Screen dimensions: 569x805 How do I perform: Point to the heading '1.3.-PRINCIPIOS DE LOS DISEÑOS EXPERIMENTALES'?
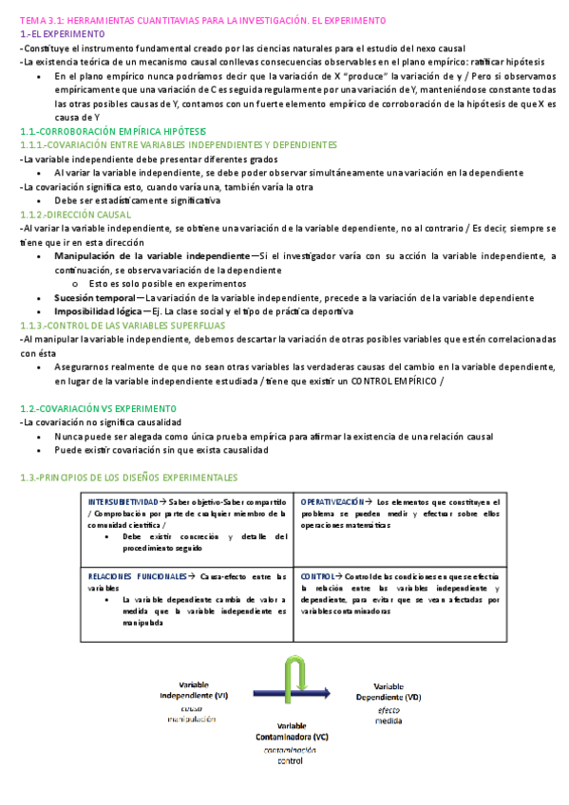(129, 477)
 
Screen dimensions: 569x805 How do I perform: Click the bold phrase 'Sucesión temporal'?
(94, 297)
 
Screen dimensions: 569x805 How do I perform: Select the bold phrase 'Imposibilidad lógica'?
(100, 311)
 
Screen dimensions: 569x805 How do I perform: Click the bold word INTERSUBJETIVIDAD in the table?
(123, 501)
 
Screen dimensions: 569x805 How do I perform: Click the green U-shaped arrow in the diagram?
(294, 677)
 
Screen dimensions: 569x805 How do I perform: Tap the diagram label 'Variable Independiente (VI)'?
(194, 690)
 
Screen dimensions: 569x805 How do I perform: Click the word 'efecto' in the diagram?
(388, 709)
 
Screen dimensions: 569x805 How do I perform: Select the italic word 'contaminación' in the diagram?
(291, 750)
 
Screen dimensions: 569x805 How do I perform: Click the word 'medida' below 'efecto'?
(388, 721)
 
